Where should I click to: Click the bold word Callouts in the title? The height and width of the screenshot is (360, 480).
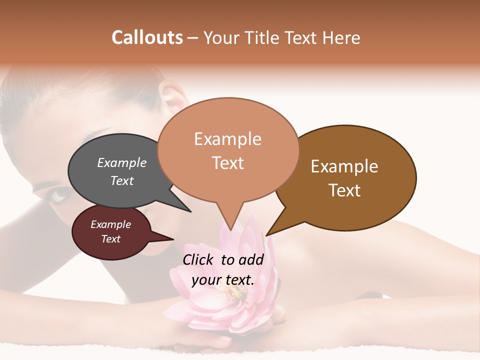(147, 37)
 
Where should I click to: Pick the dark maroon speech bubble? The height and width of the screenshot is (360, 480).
(111, 231)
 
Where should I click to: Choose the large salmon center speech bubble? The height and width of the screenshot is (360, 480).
(228, 150)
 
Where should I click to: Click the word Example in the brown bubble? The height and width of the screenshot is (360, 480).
(344, 166)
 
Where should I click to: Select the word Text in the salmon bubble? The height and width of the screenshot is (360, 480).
(228, 163)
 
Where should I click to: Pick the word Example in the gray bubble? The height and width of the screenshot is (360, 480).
(122, 162)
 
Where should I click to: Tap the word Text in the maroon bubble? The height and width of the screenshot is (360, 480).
(111, 239)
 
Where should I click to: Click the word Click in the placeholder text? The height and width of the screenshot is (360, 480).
(198, 259)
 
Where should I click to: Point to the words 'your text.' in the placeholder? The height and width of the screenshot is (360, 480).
(223, 280)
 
